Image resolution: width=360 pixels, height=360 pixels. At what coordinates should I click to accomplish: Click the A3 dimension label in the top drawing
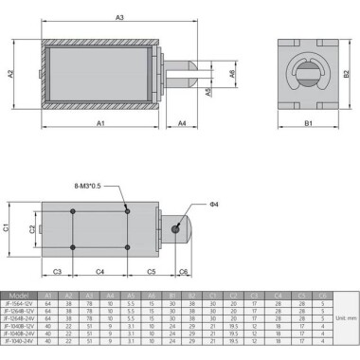(x=119, y=18)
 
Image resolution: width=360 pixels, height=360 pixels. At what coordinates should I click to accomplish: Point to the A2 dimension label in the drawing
(x=10, y=75)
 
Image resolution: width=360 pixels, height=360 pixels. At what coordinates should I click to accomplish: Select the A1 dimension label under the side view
(x=99, y=124)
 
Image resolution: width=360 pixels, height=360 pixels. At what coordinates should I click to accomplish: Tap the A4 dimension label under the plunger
(x=181, y=124)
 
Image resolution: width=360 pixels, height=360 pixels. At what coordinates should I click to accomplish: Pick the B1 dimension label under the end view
(x=308, y=124)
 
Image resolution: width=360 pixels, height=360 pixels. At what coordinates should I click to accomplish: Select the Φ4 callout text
(x=216, y=205)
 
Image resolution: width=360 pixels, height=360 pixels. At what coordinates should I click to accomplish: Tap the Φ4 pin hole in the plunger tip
(x=177, y=227)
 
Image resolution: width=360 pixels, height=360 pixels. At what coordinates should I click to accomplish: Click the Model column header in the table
(x=20, y=295)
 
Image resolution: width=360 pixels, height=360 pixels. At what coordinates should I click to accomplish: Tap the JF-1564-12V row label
(x=20, y=303)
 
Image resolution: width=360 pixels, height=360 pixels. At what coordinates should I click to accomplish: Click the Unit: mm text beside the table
(x=345, y=318)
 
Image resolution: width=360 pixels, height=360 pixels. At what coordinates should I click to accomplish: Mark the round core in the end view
(x=308, y=75)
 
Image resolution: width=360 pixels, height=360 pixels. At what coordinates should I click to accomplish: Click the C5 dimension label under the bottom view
(x=151, y=272)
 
